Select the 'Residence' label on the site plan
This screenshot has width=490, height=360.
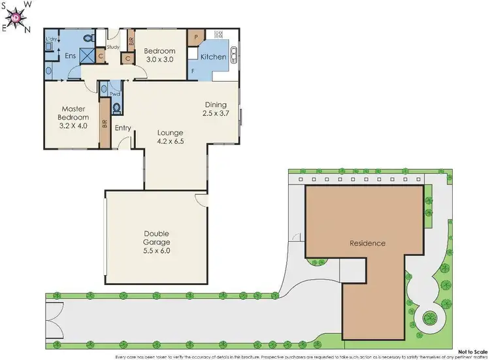tap(367, 243)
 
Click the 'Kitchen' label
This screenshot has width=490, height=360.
tap(213, 57)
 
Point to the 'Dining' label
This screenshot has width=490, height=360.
tap(216, 105)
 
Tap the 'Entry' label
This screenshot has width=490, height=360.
tap(123, 128)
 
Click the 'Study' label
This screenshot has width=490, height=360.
tap(113, 47)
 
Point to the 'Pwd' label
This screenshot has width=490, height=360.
tap(115, 94)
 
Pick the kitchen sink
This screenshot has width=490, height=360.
tap(235, 54)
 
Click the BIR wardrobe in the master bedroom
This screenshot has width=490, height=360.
tap(104, 122)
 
